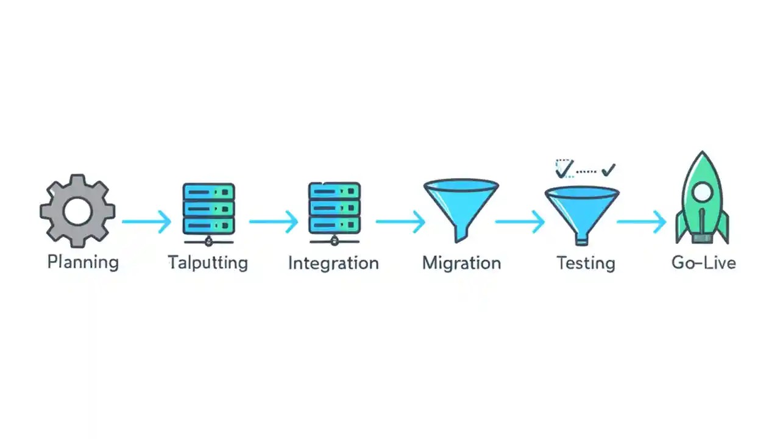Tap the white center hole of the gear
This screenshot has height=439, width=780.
pos(77,211)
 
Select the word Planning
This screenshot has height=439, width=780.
pos(83,262)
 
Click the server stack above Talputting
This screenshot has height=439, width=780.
pos(208,209)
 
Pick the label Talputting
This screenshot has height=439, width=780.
pos(208,263)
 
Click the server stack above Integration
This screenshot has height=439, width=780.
pos(334,209)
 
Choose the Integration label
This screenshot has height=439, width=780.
pos(333,263)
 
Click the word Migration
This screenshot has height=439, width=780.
pos(461,263)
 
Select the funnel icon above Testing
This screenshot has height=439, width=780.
pos(582,207)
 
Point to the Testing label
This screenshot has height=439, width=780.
pos(586,263)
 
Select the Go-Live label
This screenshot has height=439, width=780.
pos(703,263)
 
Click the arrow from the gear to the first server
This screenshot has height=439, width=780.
pos(147,221)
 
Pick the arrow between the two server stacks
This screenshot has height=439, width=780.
pos(273,221)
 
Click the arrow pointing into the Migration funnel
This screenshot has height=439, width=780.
pos(400,221)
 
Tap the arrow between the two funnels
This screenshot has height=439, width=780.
pos(519,221)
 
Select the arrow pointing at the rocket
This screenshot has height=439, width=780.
pos(642,221)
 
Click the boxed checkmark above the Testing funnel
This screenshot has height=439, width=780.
pos(564,168)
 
